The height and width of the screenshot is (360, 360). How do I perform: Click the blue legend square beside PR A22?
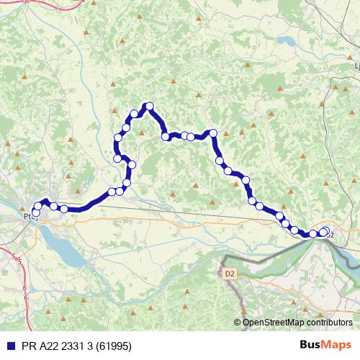[x=7, y=346]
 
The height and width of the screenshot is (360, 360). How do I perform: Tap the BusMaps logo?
[x=326, y=346]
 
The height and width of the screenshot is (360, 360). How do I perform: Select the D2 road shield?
[x=230, y=274]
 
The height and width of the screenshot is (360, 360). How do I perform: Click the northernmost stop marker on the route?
[x=150, y=107]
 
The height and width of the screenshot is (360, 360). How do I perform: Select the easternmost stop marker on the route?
[x=326, y=231]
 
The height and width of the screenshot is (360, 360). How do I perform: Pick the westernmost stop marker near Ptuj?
[x=35, y=213]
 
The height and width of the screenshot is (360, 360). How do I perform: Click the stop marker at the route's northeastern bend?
[x=212, y=133]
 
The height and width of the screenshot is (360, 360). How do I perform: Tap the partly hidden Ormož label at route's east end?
[x=329, y=233]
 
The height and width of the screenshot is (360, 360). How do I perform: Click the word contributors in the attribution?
[x=325, y=322]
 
